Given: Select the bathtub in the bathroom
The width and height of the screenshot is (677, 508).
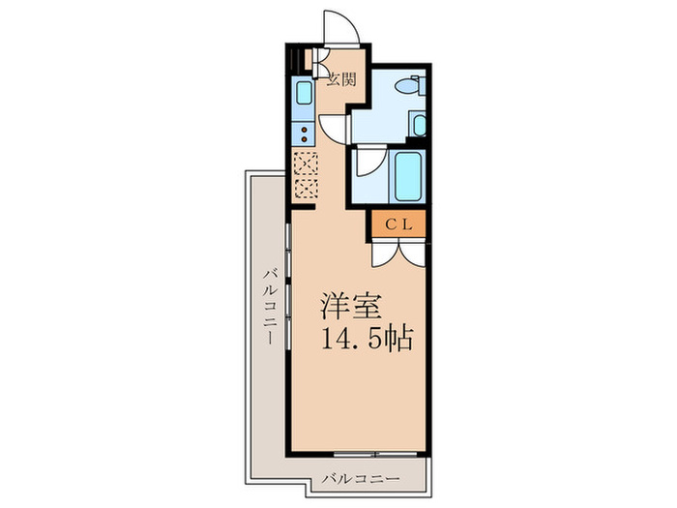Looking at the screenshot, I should click(407, 174).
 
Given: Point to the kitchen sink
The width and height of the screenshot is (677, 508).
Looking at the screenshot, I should click(302, 95).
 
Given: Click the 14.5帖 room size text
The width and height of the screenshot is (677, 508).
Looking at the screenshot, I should click(368, 340).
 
